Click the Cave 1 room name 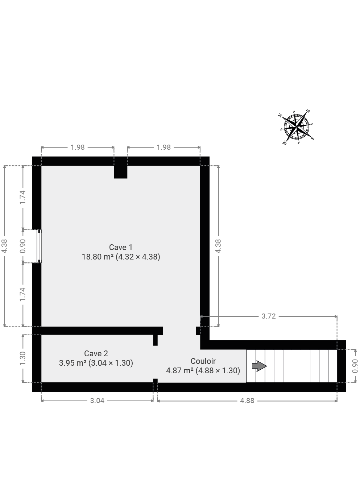click(x=121, y=247)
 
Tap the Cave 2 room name click(x=96, y=353)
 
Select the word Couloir click(x=203, y=361)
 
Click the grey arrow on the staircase click(x=259, y=366)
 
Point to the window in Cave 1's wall click(x=39, y=246)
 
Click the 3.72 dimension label click(x=268, y=316)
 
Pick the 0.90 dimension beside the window click(x=23, y=246)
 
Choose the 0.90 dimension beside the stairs click(x=355, y=366)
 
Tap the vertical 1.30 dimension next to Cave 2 click(x=23, y=358)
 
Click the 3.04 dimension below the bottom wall click(x=97, y=400)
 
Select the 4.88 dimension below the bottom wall click(x=247, y=400)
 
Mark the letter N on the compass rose click(x=280, y=115)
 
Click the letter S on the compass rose click(x=313, y=138)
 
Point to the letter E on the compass click(x=308, y=111)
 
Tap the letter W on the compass click(x=285, y=143)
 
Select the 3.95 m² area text click(x=73, y=363)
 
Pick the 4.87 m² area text click(x=179, y=370)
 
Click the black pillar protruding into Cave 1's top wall click(x=120, y=171)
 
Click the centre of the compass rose click(x=296, y=127)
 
